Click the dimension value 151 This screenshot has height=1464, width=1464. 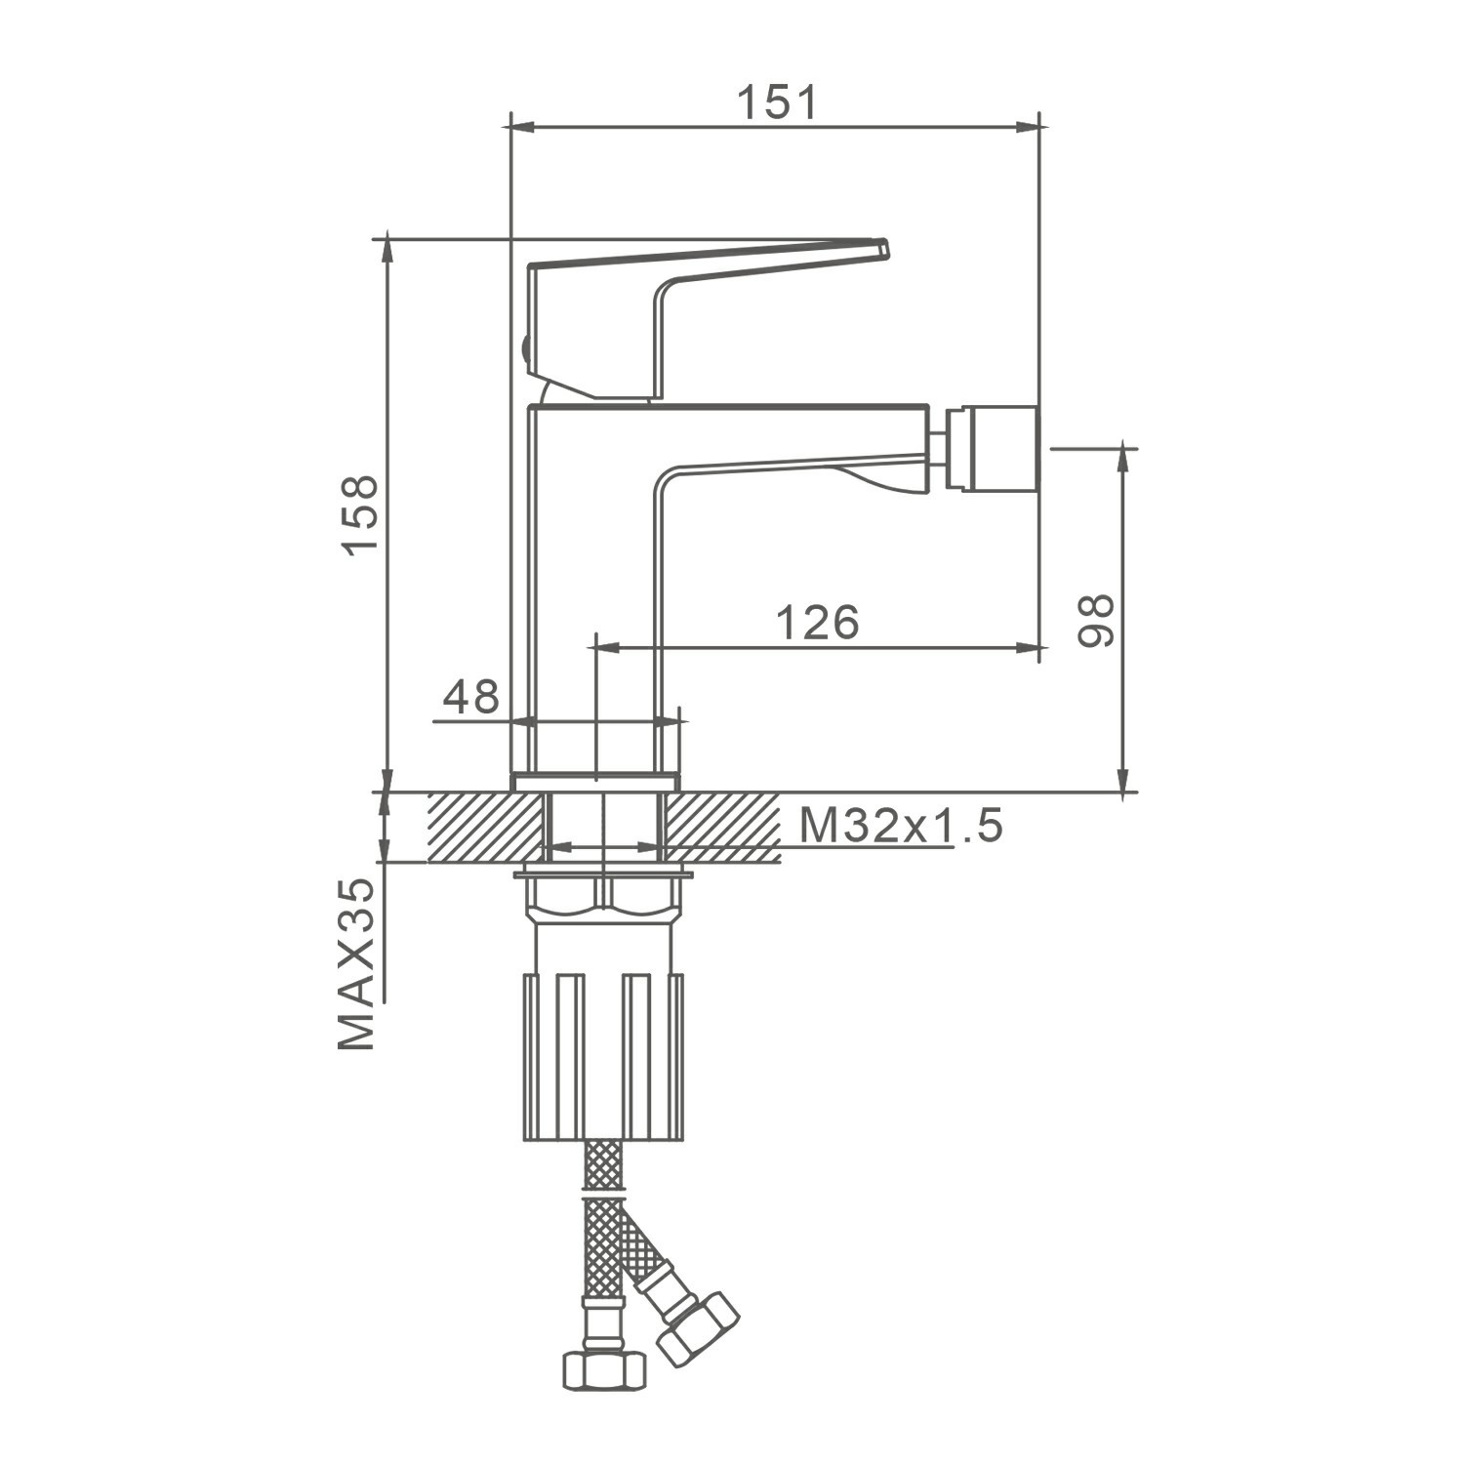click(776, 102)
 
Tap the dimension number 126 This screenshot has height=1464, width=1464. click(817, 622)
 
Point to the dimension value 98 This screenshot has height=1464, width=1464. click(1095, 620)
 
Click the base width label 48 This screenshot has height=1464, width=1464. click(470, 697)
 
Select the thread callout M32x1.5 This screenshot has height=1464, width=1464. click(901, 827)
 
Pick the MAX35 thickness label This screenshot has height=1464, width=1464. click(356, 963)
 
